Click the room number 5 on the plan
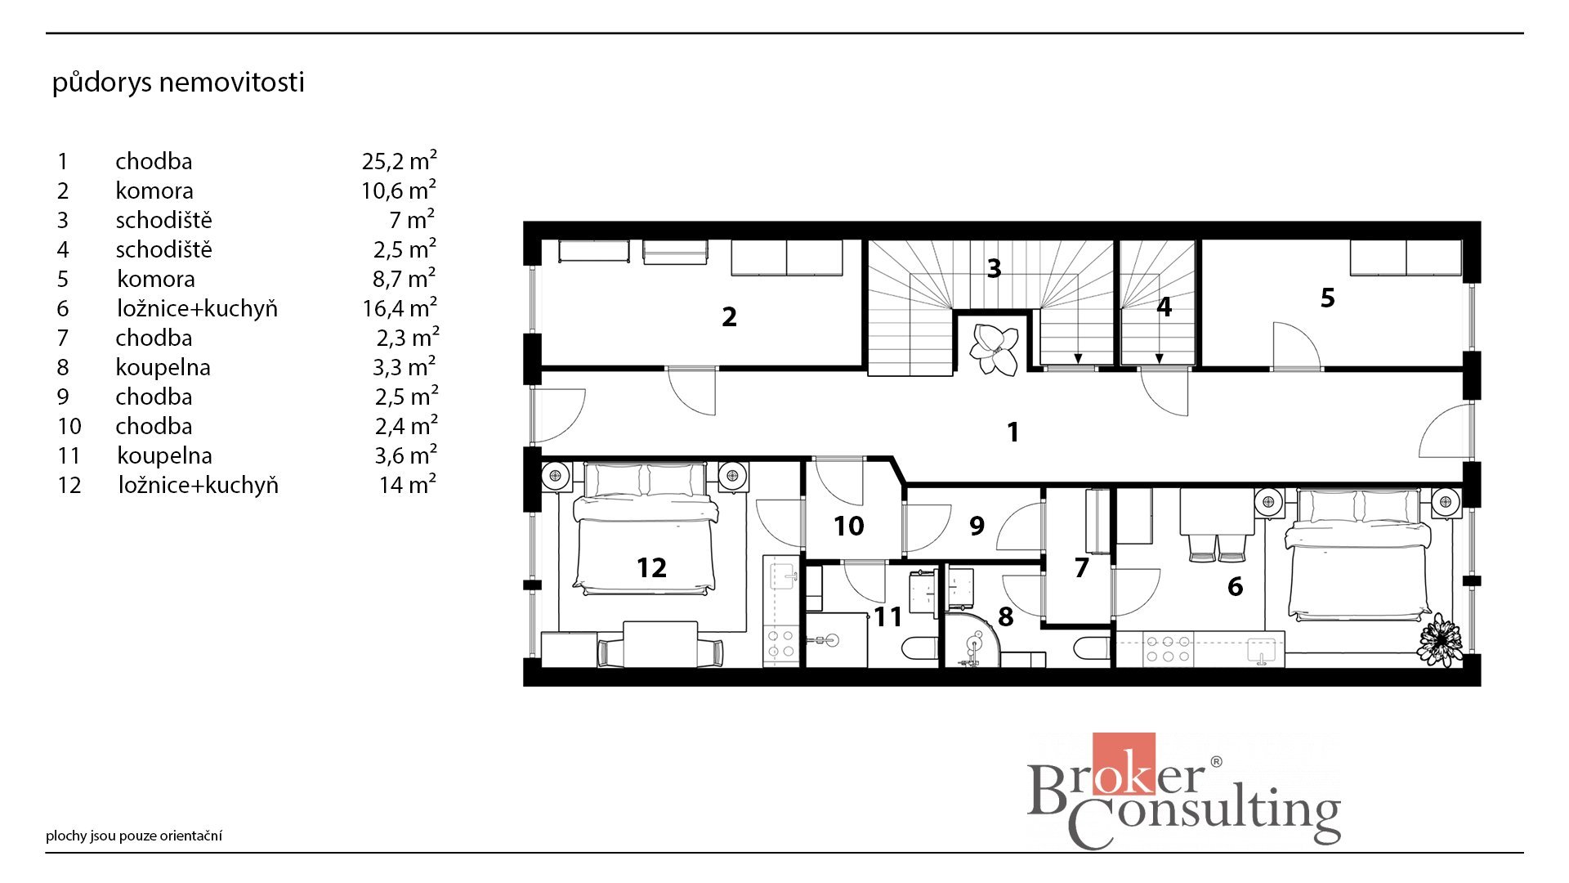[x=1327, y=298]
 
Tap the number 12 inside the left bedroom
[x=651, y=567]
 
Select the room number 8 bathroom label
[x=1005, y=617]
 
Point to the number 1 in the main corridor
[x=1013, y=432]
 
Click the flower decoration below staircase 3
[x=994, y=349]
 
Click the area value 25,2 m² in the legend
[x=399, y=160]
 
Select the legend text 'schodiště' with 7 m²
[x=163, y=220]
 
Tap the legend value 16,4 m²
[x=400, y=307]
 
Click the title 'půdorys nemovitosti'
[x=178, y=83]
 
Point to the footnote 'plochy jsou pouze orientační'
[x=134, y=836]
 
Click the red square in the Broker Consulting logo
[x=1124, y=764]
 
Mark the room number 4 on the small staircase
[x=1164, y=307]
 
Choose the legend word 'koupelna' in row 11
[x=164, y=455]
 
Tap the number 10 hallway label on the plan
[x=848, y=526]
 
